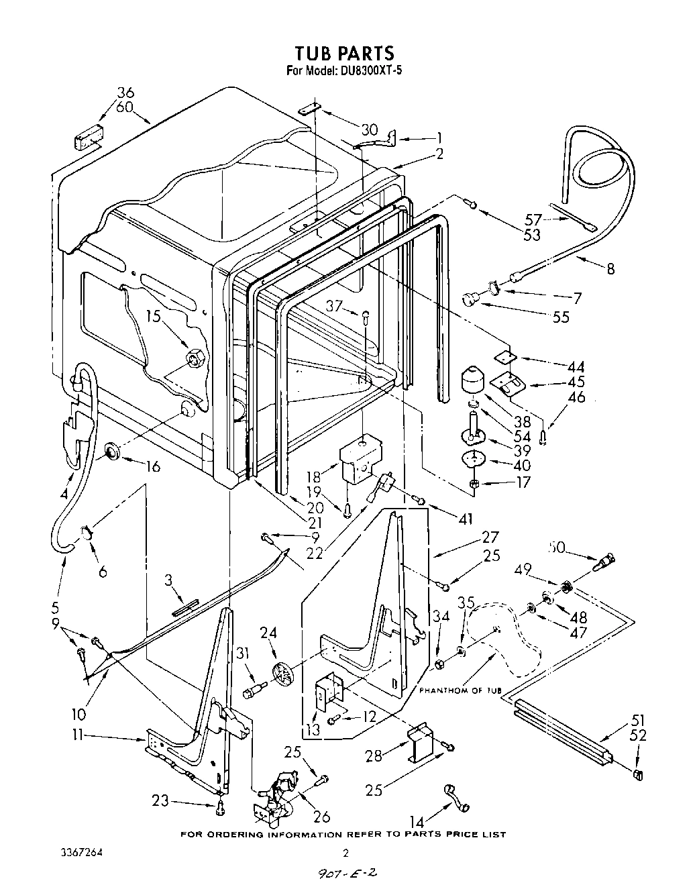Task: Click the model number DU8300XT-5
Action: pyautogui.click(x=368, y=69)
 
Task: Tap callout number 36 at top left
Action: pyautogui.click(x=125, y=93)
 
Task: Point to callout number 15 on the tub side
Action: pyautogui.click(x=153, y=315)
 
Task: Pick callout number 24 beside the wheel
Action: pyautogui.click(x=268, y=633)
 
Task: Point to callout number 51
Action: pyautogui.click(x=638, y=721)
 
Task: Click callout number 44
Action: pyautogui.click(x=575, y=367)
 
